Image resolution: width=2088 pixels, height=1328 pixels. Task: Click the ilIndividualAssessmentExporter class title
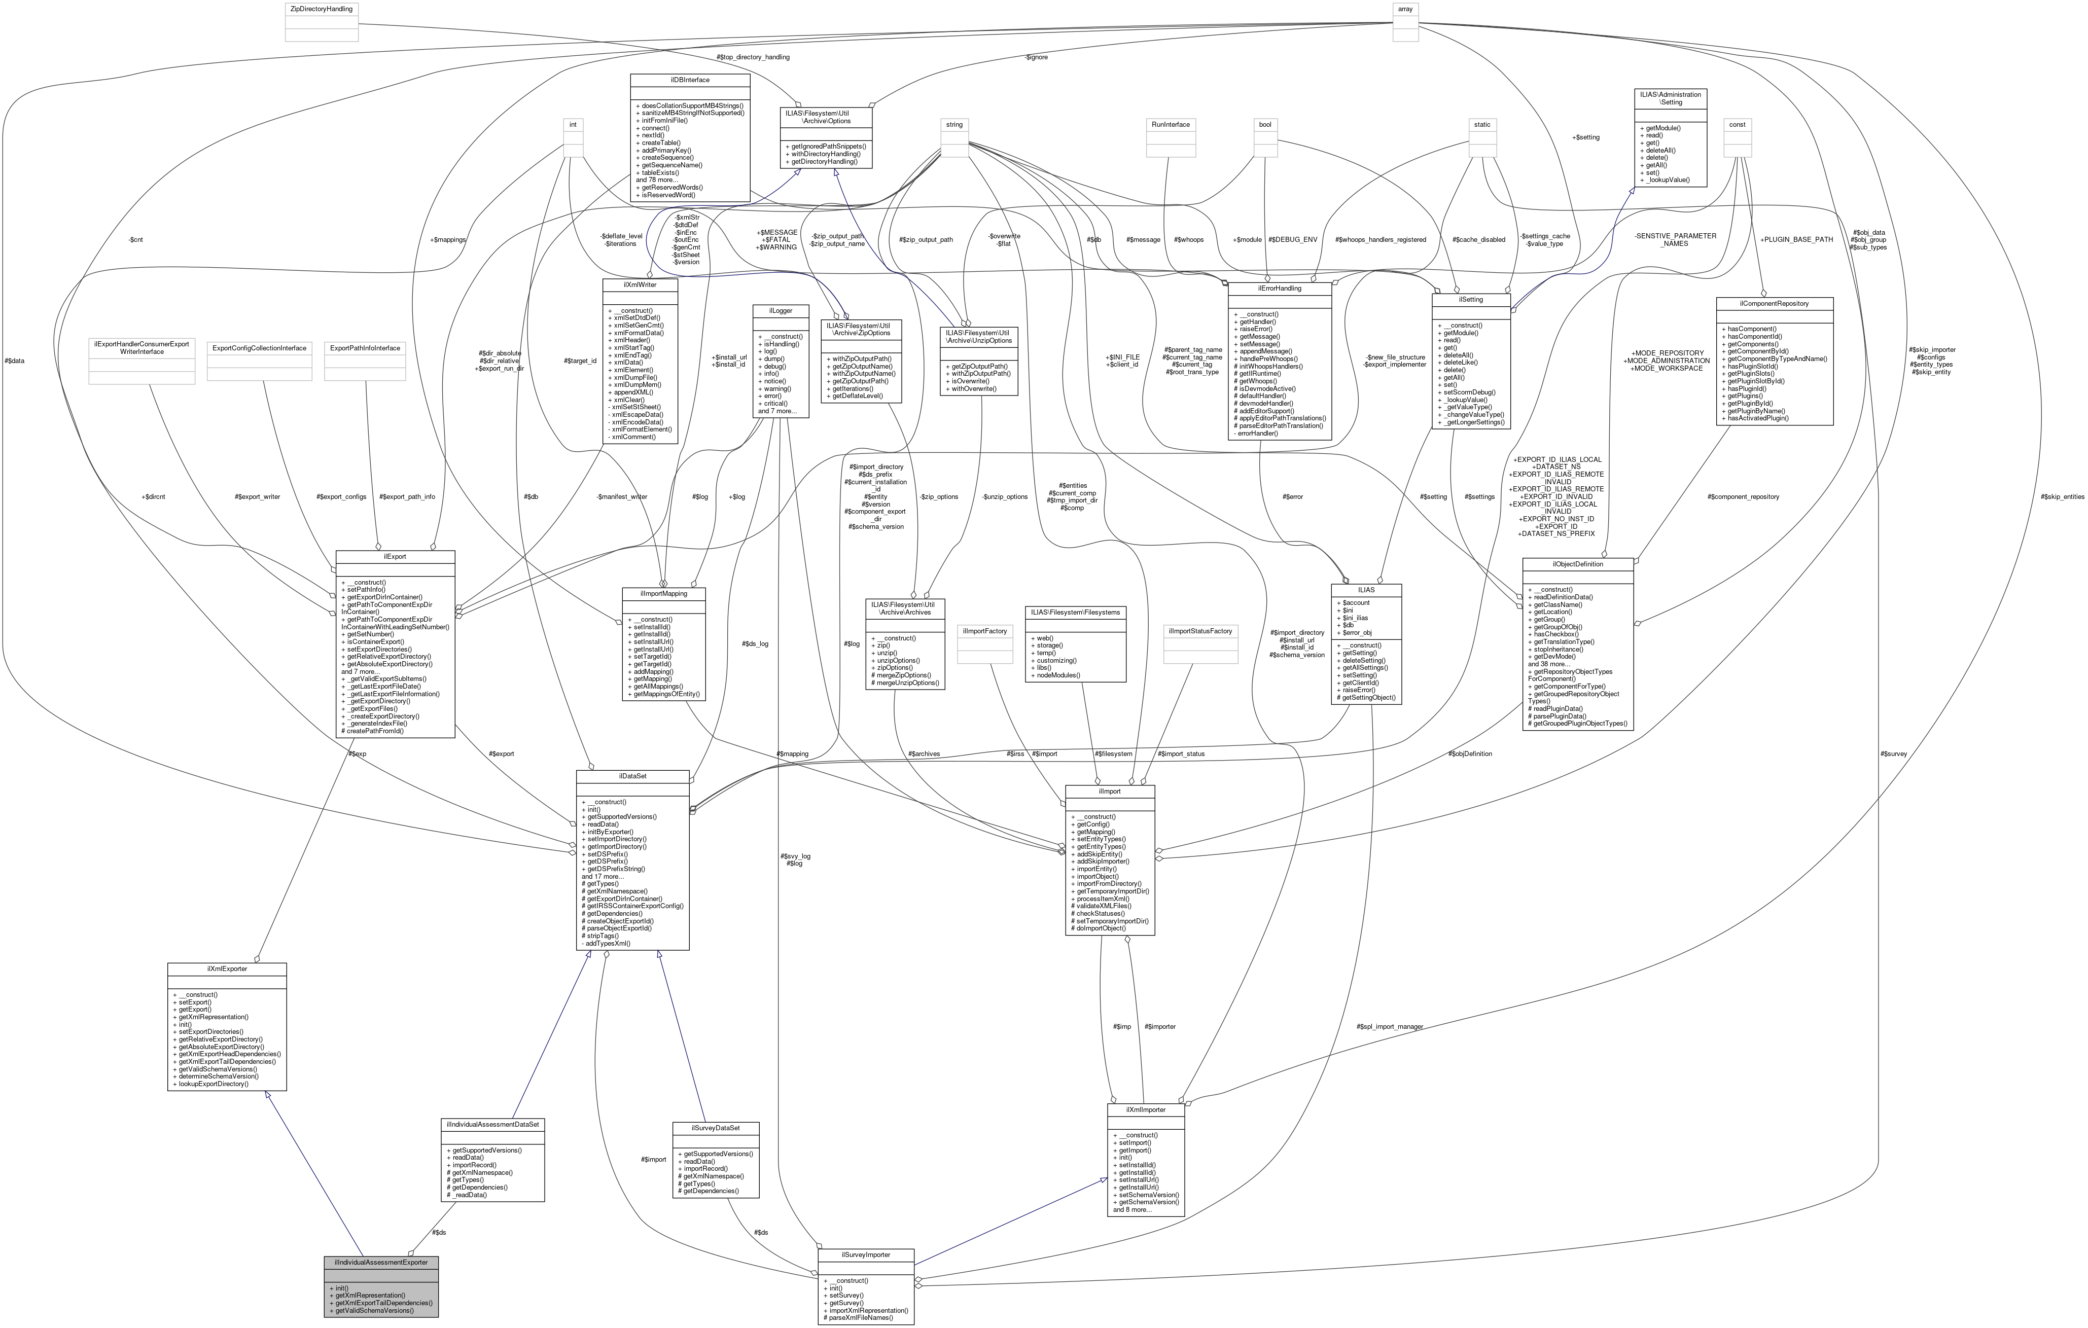click(x=381, y=1262)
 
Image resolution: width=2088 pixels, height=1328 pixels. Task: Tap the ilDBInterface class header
click(x=690, y=80)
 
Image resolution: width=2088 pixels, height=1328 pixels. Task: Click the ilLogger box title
click(x=781, y=310)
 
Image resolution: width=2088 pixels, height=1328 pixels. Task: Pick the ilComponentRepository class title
click(x=1774, y=303)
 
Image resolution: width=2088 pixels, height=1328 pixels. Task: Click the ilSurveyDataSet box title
click(x=716, y=1128)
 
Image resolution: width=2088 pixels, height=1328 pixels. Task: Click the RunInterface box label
click(x=1171, y=125)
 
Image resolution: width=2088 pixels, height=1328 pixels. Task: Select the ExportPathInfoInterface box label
click(x=364, y=348)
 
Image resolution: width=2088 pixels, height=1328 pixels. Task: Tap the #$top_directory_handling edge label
click(x=754, y=57)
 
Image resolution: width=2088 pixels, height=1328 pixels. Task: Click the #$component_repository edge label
click(x=1743, y=497)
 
